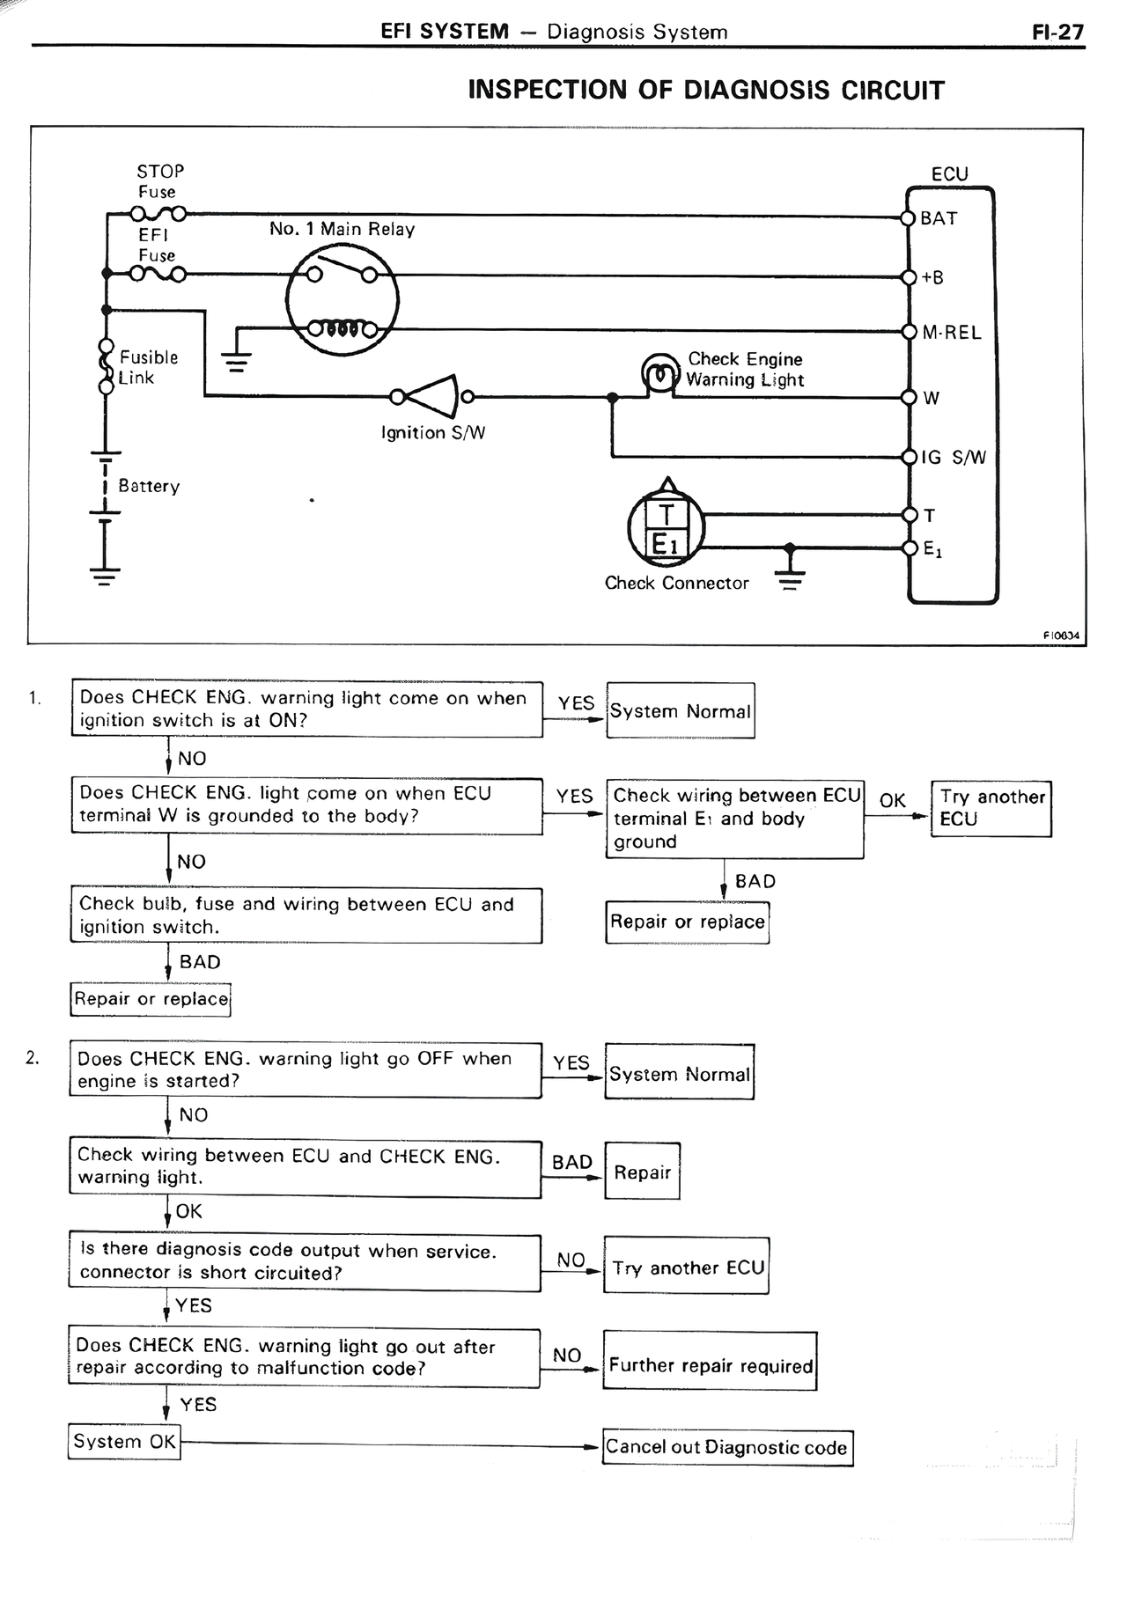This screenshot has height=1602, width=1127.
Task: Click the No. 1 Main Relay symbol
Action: pos(342,300)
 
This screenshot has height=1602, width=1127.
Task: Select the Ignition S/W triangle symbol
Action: pos(433,397)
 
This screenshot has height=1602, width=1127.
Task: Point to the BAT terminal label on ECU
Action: pos(939,218)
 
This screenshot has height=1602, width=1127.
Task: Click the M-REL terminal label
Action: pos(951,333)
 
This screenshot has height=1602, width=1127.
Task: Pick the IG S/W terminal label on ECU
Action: pos(953,458)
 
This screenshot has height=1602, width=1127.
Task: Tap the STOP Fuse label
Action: pos(160,181)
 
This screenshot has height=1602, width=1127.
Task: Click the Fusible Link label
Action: pos(148,368)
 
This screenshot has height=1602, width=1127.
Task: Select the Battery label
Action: pos(149,486)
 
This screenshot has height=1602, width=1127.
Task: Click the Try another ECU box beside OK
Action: pos(991,808)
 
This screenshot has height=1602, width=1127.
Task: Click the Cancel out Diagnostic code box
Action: pos(727,1447)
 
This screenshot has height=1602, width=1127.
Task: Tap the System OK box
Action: pos(124,1442)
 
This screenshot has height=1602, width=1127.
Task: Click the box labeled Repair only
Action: pos(642,1172)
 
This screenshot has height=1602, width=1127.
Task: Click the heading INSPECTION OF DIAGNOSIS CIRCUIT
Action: pos(705,91)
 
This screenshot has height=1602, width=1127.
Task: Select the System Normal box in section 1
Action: pos(680,711)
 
